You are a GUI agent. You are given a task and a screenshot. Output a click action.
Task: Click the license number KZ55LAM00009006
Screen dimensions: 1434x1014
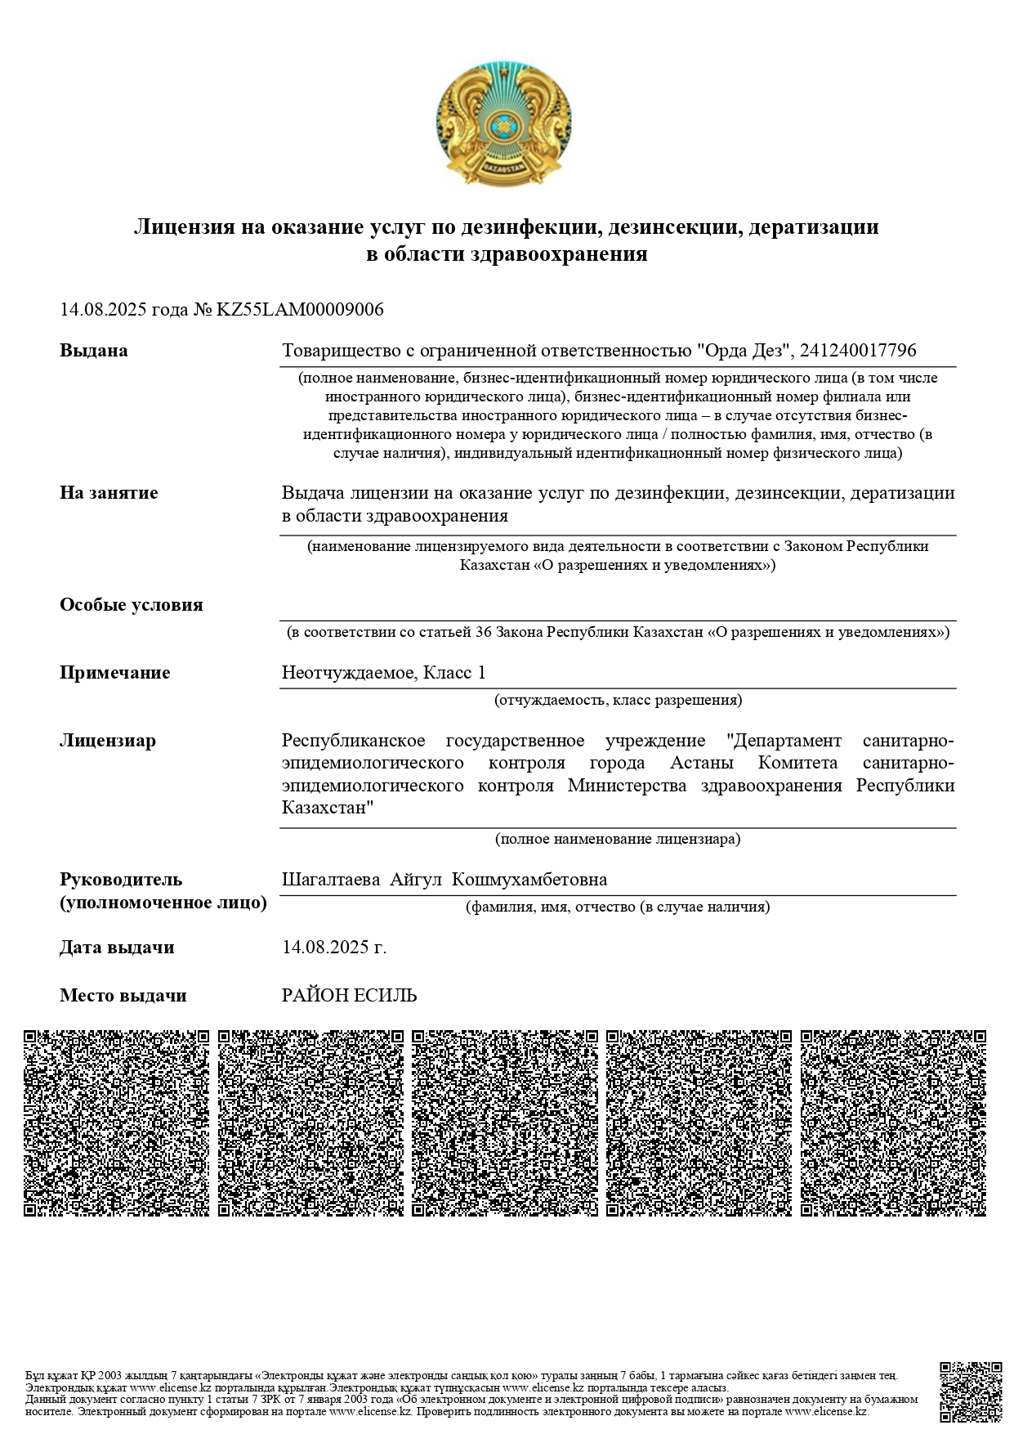click(x=299, y=310)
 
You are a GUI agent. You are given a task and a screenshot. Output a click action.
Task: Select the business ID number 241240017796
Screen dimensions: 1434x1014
click(x=858, y=351)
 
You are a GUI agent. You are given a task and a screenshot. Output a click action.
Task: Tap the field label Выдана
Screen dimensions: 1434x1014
click(x=94, y=351)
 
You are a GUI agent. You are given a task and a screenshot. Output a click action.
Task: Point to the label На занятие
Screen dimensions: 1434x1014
click(x=109, y=493)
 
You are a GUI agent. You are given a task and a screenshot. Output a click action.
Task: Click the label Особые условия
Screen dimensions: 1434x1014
click(x=131, y=605)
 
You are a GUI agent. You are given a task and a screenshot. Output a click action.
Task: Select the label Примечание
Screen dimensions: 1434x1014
click(x=115, y=673)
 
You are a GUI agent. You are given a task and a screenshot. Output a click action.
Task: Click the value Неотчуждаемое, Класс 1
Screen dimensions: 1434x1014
click(x=384, y=673)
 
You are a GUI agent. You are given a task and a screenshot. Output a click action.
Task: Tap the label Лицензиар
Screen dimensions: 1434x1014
click(x=107, y=741)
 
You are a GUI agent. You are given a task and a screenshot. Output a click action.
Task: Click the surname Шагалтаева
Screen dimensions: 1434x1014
click(x=331, y=880)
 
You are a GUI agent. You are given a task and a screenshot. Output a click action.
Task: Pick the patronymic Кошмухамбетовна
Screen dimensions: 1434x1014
click(x=529, y=880)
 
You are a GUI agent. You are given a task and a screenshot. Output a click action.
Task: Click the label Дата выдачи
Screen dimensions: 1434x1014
click(x=117, y=948)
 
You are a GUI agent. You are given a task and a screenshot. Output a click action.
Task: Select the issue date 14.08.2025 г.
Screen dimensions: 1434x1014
click(x=334, y=948)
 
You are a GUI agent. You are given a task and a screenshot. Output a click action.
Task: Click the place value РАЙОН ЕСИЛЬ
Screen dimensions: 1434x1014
click(x=350, y=996)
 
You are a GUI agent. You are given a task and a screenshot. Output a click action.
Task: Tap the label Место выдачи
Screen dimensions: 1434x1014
click(x=123, y=996)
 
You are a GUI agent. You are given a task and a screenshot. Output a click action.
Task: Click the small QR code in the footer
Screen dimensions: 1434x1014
click(x=971, y=1392)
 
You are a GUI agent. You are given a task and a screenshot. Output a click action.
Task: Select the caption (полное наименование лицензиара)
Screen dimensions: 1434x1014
click(x=618, y=839)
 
